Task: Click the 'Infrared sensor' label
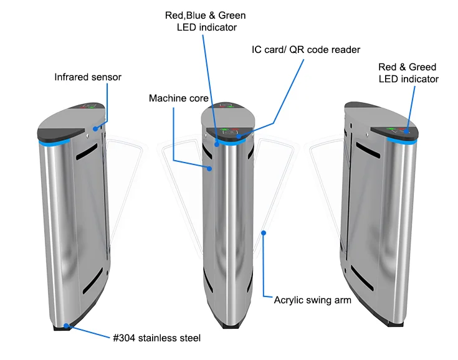pos(88,77)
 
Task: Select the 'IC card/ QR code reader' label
pos(306,49)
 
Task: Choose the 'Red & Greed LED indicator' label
pos(408,73)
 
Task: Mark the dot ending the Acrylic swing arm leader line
pos(264,233)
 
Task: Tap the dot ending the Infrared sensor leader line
pos(95,128)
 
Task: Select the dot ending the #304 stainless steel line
pos(67,324)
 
